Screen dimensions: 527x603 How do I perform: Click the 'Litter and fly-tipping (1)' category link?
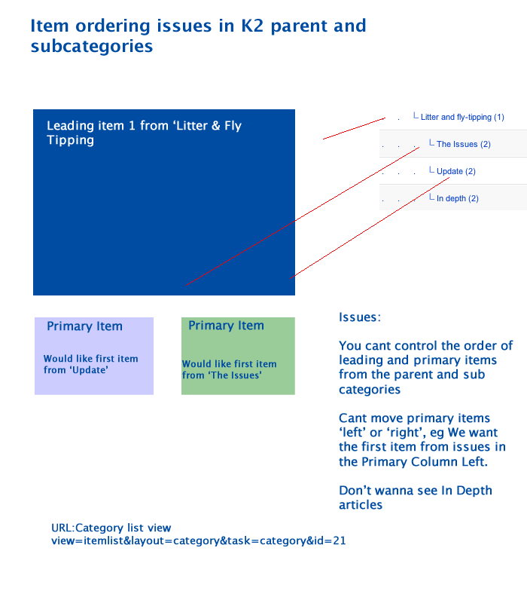(x=462, y=117)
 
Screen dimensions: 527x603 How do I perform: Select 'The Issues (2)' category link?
(x=464, y=144)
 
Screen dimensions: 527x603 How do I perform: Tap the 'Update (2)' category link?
(x=456, y=171)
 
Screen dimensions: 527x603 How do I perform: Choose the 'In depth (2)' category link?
(x=458, y=198)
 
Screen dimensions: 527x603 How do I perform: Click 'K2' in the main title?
(x=252, y=26)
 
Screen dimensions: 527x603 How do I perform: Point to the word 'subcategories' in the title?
(x=92, y=46)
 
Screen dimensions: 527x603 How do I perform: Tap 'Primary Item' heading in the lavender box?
(x=84, y=326)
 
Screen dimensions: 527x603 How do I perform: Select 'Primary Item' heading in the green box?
(x=227, y=326)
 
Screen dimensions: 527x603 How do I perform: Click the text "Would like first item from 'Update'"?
(x=90, y=364)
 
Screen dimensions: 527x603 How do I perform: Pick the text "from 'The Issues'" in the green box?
(x=222, y=375)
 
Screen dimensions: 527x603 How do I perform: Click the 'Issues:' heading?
(x=360, y=317)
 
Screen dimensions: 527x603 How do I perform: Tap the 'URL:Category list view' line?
(x=111, y=528)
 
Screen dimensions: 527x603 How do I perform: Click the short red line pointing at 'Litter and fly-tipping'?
(x=354, y=128)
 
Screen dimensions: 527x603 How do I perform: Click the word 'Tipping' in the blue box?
(x=70, y=140)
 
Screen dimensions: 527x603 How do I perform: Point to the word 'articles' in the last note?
(x=361, y=504)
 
